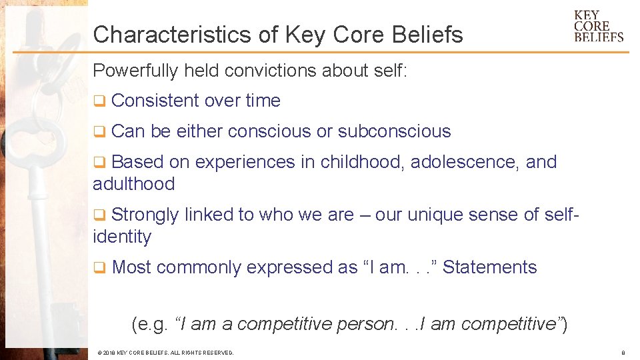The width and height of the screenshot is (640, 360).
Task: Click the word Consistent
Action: [x=155, y=101]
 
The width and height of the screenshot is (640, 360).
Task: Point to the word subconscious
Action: [x=394, y=131]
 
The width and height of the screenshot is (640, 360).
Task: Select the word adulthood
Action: [x=133, y=184]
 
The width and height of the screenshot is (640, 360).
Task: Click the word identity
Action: [x=122, y=237]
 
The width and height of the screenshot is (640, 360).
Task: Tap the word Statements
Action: [x=489, y=267]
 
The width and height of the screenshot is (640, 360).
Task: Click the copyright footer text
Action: [x=165, y=352]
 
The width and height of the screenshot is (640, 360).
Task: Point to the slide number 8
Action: [x=622, y=352]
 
